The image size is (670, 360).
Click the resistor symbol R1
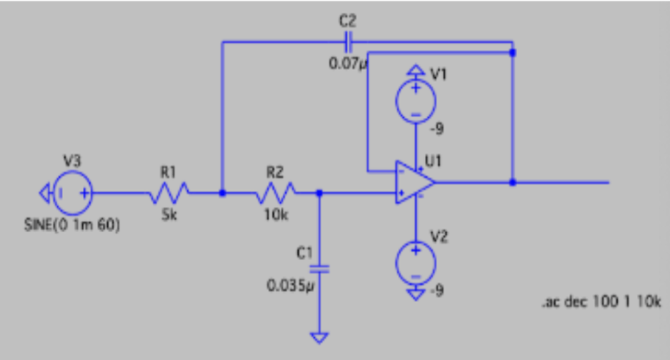[x=170, y=191]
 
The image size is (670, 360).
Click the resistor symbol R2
[x=275, y=191]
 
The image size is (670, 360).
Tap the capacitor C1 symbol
[x=319, y=269]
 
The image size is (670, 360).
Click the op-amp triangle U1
[x=414, y=182]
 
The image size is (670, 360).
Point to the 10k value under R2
[x=276, y=216]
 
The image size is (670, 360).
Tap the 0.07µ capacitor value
[x=347, y=64]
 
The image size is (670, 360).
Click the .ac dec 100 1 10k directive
[x=601, y=302]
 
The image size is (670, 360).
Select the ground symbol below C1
[x=319, y=336]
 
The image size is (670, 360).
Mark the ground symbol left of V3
[x=44, y=192]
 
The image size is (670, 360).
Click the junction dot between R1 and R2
[x=222, y=192]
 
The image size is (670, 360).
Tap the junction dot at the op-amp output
[x=513, y=182]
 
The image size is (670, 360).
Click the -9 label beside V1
[x=437, y=129]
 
